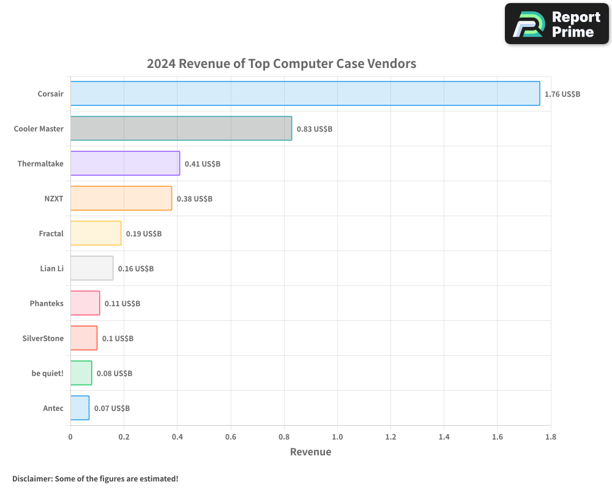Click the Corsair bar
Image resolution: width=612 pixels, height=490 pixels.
point(305,94)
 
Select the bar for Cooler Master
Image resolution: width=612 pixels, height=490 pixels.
point(181,129)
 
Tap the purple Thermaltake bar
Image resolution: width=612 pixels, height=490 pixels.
point(125,164)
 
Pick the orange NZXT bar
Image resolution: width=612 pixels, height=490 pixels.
point(121,198)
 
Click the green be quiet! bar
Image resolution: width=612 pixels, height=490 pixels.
point(81,373)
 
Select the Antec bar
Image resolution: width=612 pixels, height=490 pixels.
point(80,408)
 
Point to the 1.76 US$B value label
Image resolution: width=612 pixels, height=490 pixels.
point(562,94)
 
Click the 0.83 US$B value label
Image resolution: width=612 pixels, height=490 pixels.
point(314,129)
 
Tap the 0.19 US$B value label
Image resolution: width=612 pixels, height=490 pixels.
point(143,234)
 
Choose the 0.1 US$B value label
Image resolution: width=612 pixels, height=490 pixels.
point(118,339)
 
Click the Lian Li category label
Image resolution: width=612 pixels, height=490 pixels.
point(51,269)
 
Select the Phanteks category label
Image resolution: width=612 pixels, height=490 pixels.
point(47,304)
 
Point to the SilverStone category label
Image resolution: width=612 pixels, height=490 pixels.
point(43,339)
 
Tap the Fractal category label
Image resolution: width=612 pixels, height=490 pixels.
point(51,234)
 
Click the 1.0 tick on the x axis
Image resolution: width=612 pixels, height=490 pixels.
point(337,437)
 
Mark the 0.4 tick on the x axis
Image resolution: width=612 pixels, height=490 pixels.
point(177,437)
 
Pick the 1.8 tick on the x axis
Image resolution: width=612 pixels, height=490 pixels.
point(550,437)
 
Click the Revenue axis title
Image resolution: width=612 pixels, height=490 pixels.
point(310,452)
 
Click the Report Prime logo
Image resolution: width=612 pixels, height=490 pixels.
point(557,24)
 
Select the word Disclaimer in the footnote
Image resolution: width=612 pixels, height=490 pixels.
point(32,479)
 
